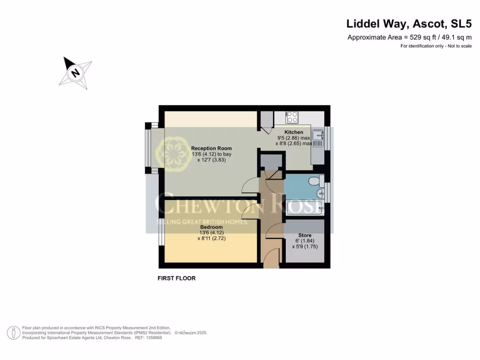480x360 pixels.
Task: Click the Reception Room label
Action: coord(211,148)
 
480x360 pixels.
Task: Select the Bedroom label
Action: coord(211,227)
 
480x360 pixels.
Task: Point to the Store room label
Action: coord(305,235)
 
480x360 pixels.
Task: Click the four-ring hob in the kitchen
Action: coord(292,117)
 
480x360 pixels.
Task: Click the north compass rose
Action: coord(75,72)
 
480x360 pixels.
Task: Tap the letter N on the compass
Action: coord(75,73)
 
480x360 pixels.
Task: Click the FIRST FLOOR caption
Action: coord(176,278)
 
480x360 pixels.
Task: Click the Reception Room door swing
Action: coord(250,186)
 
